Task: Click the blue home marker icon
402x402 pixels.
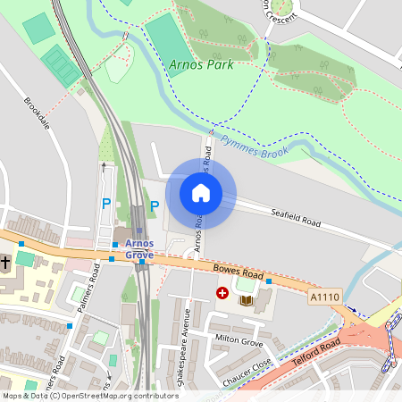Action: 201,193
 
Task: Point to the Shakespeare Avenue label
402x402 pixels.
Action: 188,343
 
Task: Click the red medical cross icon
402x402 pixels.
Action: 222,292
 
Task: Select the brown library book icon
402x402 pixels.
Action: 247,300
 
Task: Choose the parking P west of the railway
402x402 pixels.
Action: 107,205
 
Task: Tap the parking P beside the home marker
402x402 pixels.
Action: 154,206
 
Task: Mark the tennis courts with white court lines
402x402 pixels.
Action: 61,64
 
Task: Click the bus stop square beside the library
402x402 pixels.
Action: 268,282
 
